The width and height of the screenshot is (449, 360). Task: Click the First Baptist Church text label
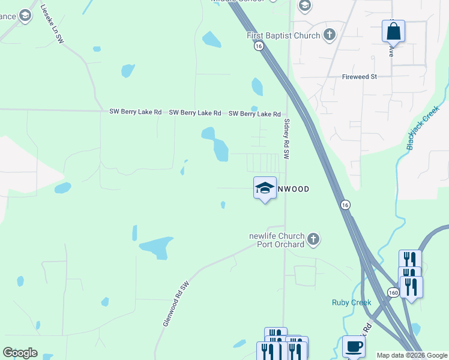tap(283, 35)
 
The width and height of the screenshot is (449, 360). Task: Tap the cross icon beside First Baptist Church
tap(329, 35)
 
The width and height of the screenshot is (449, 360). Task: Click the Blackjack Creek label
tap(423, 128)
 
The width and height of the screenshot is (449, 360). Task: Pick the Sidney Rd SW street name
tap(286, 139)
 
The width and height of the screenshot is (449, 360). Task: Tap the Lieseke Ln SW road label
tap(52, 23)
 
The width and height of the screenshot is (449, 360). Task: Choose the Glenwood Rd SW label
tap(176, 304)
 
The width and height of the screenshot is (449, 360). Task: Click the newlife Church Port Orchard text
tap(277, 240)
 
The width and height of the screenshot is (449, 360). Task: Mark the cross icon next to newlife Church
tap(313, 240)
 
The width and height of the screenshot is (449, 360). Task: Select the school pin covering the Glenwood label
tap(265, 188)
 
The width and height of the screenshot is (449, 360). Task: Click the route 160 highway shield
tap(393, 292)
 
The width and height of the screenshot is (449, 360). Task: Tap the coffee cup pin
tap(354, 346)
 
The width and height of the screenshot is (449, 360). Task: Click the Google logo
tap(20, 353)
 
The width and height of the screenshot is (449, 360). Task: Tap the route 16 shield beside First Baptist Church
tap(258, 46)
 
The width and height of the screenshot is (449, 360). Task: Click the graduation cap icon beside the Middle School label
tap(304, 6)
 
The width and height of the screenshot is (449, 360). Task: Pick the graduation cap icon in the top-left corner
tap(25, 16)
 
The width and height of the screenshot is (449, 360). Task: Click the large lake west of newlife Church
tap(157, 247)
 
